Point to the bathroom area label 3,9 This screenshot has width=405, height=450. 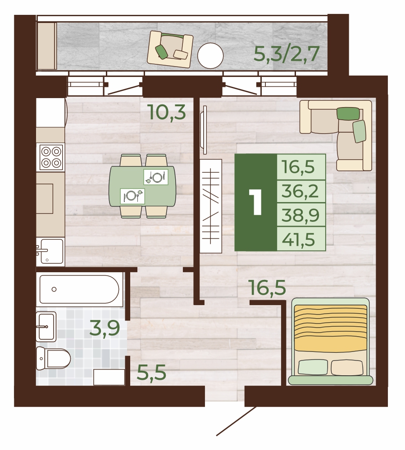[105, 328]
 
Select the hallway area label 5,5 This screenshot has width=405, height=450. [151, 373]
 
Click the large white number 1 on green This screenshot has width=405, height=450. [255, 202]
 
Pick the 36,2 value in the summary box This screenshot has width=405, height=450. [300, 191]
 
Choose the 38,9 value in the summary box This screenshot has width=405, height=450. [300, 215]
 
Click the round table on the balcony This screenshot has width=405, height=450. [210, 56]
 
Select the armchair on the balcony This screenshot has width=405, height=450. [170, 49]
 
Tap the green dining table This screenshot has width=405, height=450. [142, 186]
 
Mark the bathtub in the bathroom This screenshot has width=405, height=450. [79, 289]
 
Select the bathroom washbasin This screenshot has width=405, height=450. [46, 327]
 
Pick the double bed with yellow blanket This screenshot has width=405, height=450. [330, 342]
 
